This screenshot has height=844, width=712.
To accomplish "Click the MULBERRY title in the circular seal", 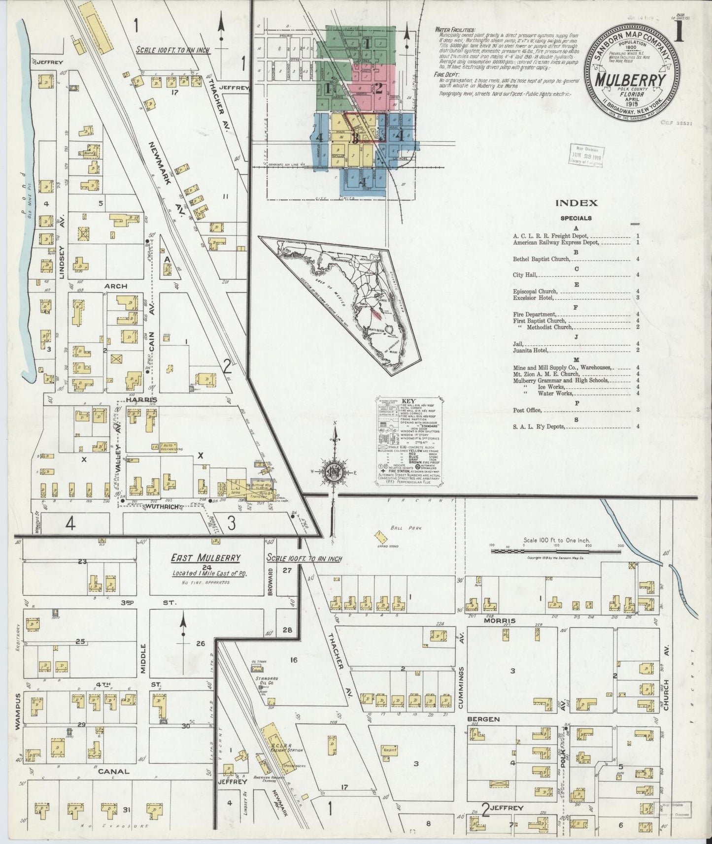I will coord(633,80).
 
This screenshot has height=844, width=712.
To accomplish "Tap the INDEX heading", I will coord(576,202).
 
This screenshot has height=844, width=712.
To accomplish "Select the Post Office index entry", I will coord(527,410).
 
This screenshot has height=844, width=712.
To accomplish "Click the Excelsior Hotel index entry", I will coord(534,297).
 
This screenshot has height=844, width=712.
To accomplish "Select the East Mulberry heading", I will coord(205,558).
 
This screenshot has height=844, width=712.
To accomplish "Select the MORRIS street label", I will coord(500,620).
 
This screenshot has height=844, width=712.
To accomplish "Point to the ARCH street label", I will coord(115,286).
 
